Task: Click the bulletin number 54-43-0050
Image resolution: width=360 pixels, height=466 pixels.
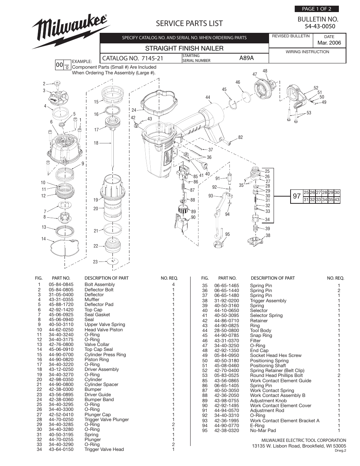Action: point(320,26)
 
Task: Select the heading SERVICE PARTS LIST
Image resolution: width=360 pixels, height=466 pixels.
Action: point(189,23)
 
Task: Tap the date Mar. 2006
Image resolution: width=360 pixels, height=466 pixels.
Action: point(329,43)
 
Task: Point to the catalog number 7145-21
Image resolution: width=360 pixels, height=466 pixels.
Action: point(152,58)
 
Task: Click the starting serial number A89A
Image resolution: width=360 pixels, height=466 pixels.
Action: point(246,58)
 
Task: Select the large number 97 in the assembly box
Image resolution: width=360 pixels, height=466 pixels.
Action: point(297,196)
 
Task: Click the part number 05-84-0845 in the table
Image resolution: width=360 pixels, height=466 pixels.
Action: point(61,285)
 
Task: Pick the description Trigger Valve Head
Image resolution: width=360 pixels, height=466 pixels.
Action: point(104,449)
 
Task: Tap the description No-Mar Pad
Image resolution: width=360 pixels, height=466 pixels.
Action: point(263,431)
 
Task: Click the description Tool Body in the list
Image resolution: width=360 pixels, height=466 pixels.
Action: point(260,331)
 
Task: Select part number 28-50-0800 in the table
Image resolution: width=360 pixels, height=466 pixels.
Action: point(226,331)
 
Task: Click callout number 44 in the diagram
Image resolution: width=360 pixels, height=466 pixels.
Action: point(208,97)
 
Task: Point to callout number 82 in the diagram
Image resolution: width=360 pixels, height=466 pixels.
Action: point(240,138)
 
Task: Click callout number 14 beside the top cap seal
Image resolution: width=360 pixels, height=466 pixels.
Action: point(43,239)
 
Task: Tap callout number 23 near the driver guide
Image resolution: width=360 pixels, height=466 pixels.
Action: point(95,261)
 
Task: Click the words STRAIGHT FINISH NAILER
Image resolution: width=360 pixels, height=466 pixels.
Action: point(184,48)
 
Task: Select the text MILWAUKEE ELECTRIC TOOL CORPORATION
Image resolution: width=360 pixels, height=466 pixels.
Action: point(303,440)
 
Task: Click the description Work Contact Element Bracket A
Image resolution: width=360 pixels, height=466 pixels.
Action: point(285,420)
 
